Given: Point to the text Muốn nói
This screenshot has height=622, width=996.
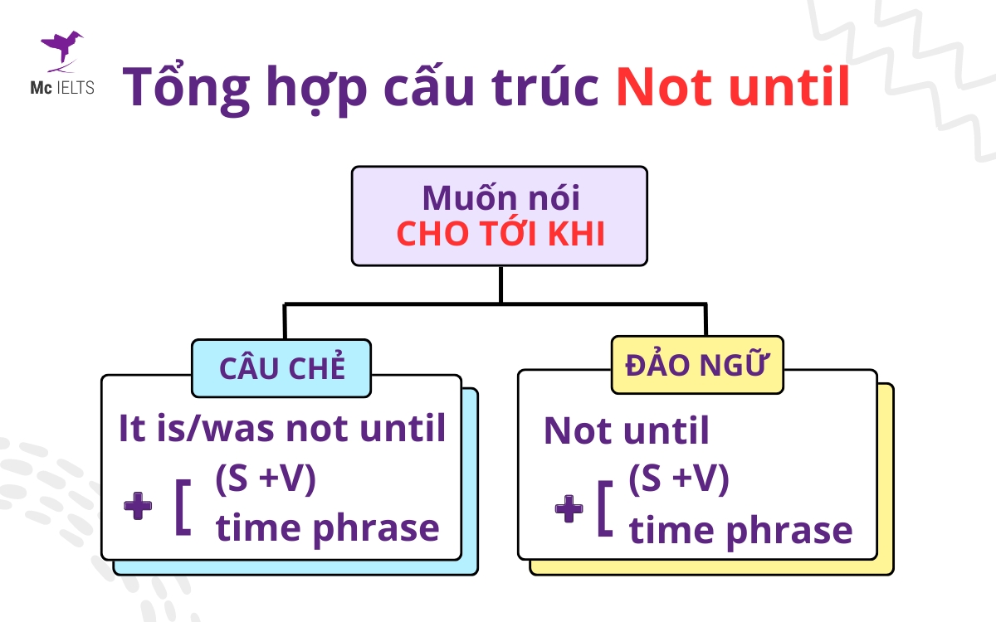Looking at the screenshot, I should [x=500, y=198].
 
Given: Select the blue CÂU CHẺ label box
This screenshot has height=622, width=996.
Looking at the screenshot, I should [x=281, y=368].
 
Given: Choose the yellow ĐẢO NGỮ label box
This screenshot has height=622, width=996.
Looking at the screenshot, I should [x=697, y=365].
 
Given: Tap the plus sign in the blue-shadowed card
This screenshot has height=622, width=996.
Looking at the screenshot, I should [x=137, y=507].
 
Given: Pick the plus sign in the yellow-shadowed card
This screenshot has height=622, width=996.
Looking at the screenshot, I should [x=569, y=508].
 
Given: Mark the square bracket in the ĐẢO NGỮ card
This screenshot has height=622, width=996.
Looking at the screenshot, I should [x=605, y=508].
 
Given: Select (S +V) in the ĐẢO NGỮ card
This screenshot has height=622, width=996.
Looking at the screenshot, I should [x=679, y=479].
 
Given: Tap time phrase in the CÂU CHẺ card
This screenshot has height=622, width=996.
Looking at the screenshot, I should [x=327, y=527].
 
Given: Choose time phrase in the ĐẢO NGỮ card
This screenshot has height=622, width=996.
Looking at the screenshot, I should [x=740, y=530].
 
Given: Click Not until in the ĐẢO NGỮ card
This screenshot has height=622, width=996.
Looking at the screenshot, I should [x=627, y=431].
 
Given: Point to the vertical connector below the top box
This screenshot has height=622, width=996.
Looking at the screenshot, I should [x=500, y=284].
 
